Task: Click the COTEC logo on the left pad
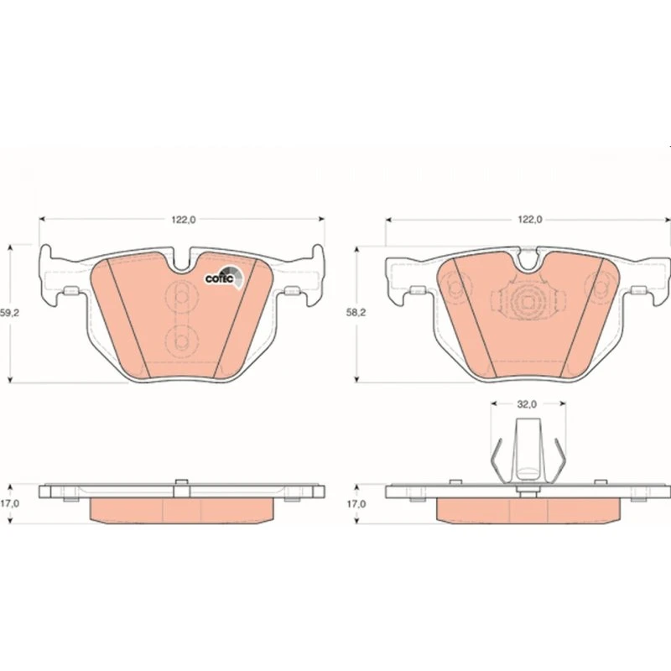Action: click(224, 278)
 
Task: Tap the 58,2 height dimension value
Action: click(356, 313)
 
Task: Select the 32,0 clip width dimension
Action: click(527, 404)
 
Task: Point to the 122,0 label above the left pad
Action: click(184, 220)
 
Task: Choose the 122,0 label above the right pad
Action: click(530, 220)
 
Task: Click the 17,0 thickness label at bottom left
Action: click(9, 504)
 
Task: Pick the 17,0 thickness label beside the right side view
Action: click(356, 504)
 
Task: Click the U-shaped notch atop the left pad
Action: click(181, 261)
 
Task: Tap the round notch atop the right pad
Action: click(528, 260)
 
